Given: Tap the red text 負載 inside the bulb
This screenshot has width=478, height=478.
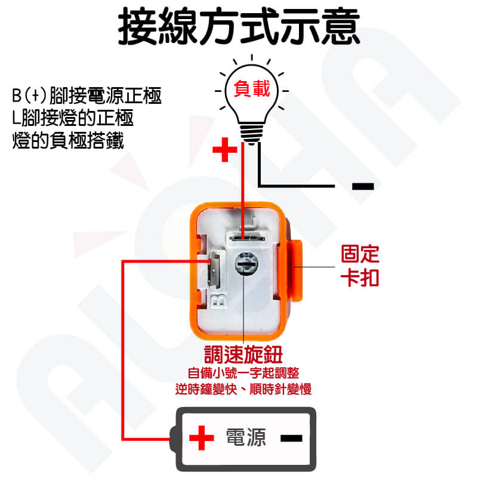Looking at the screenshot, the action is [252, 88].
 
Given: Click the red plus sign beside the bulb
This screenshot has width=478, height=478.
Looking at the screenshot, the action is [224, 149].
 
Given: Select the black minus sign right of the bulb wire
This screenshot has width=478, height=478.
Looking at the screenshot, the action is [363, 186].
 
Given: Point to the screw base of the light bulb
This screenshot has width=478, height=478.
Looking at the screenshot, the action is [251, 133].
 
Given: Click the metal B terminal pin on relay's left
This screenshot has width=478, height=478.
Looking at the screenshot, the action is [214, 272].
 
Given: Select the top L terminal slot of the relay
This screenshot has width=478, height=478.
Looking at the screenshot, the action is [247, 237].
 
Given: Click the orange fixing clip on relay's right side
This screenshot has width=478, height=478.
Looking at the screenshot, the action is [297, 270].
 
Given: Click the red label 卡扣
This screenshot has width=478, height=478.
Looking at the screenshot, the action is [360, 277].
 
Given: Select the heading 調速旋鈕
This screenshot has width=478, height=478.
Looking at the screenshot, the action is [243, 354].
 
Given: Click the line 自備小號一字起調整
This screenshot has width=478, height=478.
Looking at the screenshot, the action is [243, 373].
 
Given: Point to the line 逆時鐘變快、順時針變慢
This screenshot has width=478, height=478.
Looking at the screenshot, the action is [243, 389].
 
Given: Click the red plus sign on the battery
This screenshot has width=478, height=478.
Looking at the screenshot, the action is [202, 438].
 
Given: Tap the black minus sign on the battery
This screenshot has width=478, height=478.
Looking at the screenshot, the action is [291, 439].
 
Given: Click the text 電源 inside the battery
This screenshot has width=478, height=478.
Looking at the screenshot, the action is [246, 437].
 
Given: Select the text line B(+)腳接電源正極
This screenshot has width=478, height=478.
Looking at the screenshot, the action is [87, 95].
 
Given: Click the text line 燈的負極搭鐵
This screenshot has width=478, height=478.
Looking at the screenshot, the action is [68, 140].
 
